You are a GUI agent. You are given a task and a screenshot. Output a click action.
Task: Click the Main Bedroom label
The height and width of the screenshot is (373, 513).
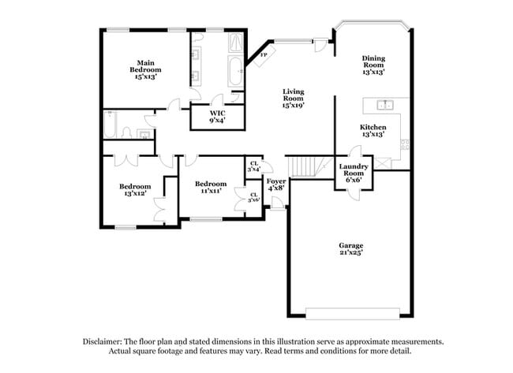[x=144, y=70]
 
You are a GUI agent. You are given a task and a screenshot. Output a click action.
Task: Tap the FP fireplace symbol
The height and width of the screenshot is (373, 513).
[x=263, y=55]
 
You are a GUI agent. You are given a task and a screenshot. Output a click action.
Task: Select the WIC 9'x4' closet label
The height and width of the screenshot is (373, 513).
[x=217, y=117]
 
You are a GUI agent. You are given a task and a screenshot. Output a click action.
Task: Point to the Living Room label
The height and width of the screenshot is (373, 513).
[x=294, y=98]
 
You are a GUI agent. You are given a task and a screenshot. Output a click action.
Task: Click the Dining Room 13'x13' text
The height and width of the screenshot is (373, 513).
[x=373, y=65]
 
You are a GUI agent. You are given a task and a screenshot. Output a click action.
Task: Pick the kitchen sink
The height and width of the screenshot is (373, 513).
[x=384, y=104]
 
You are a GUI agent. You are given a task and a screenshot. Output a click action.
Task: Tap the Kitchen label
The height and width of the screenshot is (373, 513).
[x=373, y=130]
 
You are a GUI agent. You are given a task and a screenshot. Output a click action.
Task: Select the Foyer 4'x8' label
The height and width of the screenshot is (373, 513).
[x=276, y=185]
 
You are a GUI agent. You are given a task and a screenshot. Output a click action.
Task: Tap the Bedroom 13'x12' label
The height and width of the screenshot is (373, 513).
[x=135, y=190]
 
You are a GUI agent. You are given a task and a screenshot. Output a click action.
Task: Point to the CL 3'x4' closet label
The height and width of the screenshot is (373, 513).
[x=254, y=166]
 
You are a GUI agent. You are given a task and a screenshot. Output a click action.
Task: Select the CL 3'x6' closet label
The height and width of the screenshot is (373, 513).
[x=254, y=197]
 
